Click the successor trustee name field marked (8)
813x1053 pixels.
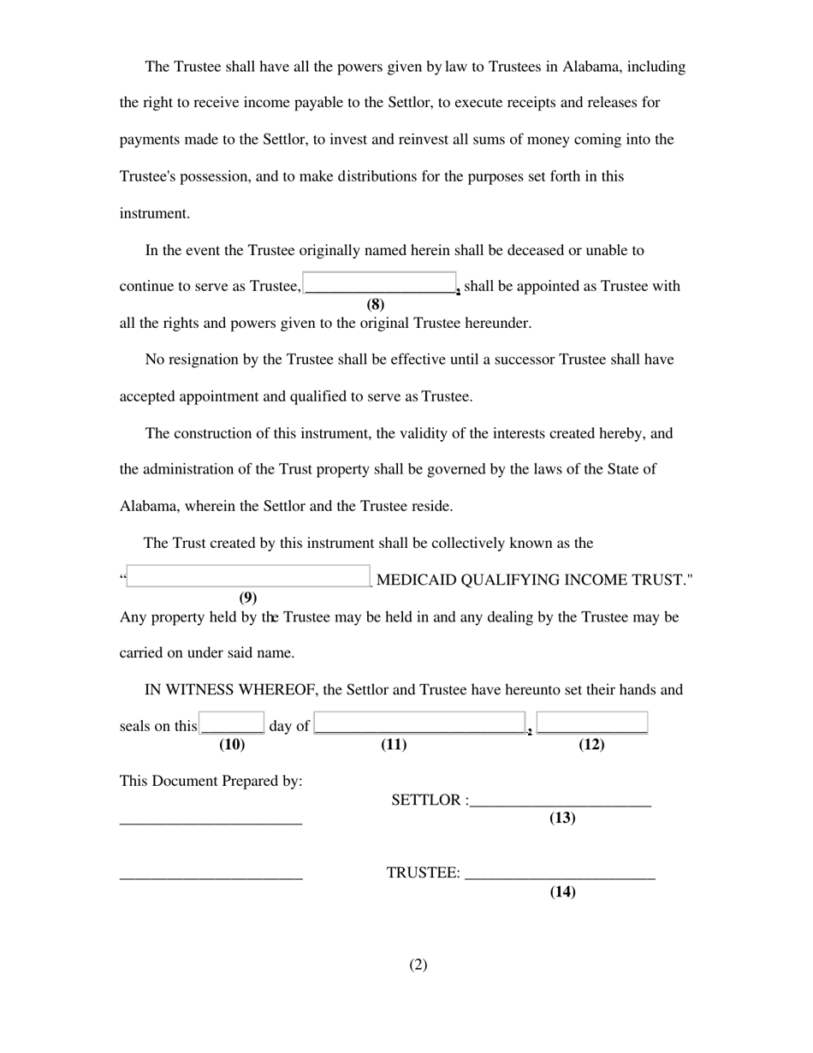click(380, 283)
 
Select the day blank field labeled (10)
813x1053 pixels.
click(232, 723)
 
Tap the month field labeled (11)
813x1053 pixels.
click(419, 723)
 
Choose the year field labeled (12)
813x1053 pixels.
click(592, 723)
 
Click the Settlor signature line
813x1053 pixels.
click(561, 803)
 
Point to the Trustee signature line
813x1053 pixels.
click(561, 876)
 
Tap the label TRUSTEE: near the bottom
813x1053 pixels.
click(423, 873)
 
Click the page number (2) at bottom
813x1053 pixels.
click(418, 965)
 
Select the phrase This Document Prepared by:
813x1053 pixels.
click(211, 781)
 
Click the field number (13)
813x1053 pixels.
click(562, 818)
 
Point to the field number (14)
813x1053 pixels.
click(562, 892)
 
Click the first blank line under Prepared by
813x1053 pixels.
click(211, 823)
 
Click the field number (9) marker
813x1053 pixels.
click(248, 598)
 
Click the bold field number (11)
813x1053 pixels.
click(394, 745)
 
